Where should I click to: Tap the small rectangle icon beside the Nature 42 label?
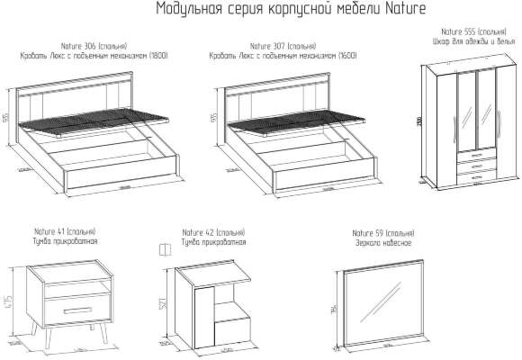coord(164,249)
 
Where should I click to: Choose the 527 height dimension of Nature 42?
coord(163,304)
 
